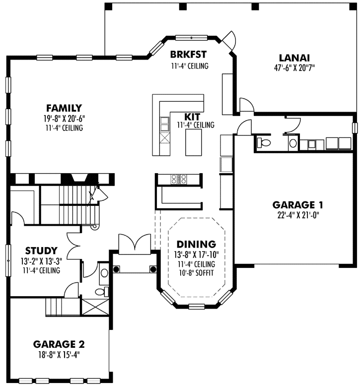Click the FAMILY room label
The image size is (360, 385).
click(x=64, y=108)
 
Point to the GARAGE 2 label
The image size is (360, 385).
click(x=59, y=344)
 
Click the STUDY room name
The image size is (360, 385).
click(x=41, y=251)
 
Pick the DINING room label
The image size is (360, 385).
click(x=196, y=244)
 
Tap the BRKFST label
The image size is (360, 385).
click(x=188, y=54)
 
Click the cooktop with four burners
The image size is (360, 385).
click(x=178, y=179)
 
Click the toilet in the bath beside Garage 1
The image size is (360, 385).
click(x=265, y=143)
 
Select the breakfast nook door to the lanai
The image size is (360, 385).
click(x=229, y=40)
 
